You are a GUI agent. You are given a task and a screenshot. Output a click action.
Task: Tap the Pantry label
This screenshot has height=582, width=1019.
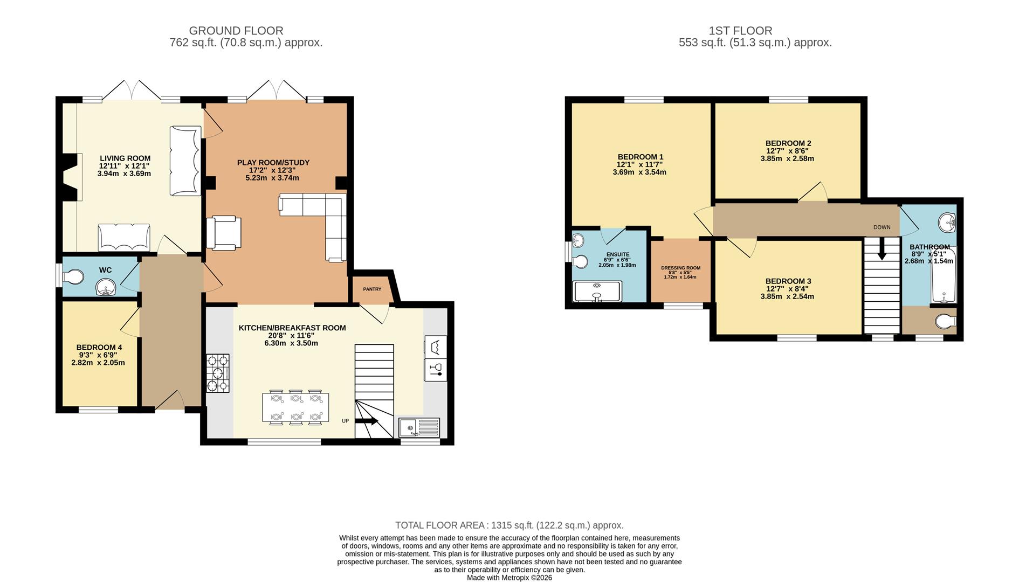(x=372, y=289)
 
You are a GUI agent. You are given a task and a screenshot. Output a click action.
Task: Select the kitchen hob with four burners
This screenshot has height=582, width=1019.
(x=218, y=373)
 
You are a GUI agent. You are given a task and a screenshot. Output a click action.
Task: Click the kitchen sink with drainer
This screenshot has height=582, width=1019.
(x=419, y=428)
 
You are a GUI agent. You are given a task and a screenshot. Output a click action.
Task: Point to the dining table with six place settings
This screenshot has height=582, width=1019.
(x=295, y=407)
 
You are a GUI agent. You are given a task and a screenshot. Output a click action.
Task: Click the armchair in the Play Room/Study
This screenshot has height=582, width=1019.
(x=224, y=233)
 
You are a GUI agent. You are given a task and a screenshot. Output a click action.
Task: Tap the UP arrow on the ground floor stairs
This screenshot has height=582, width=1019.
(x=367, y=422)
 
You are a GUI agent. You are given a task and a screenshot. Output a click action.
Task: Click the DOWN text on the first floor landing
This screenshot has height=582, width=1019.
(x=882, y=227)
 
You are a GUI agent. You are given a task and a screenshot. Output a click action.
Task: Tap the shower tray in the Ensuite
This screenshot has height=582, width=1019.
(x=597, y=292)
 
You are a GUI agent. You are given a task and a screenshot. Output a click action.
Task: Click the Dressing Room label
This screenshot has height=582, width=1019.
(x=681, y=268)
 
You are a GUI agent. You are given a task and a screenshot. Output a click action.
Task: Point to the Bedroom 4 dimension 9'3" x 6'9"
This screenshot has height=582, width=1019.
(x=98, y=355)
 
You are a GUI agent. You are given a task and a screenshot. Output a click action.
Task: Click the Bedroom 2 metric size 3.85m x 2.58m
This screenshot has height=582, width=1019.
(x=787, y=159)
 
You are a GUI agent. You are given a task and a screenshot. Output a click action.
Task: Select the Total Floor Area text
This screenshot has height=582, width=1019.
(x=509, y=525)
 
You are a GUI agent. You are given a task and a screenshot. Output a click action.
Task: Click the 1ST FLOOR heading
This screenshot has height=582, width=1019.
(x=741, y=31)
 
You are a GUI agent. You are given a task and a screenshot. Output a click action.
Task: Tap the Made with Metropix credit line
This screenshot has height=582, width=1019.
(x=509, y=578)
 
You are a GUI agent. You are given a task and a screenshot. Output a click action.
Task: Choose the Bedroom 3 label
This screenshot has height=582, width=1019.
(x=788, y=281)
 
